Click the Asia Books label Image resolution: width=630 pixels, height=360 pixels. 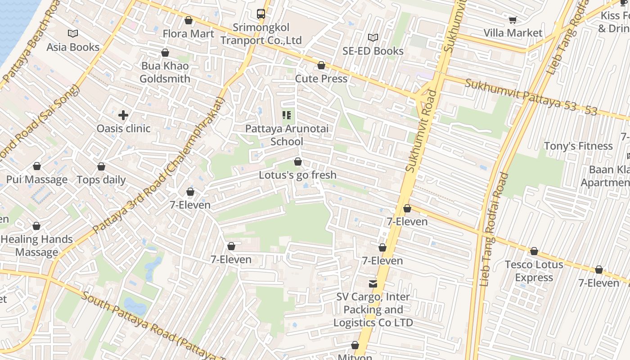[x=73, y=47]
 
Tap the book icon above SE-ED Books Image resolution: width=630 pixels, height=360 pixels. [x=373, y=37]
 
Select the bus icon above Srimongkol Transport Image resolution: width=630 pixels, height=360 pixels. [x=261, y=14]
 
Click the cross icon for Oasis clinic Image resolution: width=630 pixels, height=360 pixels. [x=123, y=115]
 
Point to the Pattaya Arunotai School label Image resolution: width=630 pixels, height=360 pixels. [x=287, y=135]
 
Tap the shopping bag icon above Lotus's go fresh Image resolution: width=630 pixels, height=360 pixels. [x=297, y=162]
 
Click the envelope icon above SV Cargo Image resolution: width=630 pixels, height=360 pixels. [x=373, y=283]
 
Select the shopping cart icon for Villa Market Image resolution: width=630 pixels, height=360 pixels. [x=513, y=20]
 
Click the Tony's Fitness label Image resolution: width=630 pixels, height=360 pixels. [x=578, y=146]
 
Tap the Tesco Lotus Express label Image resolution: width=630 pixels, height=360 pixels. [x=534, y=271]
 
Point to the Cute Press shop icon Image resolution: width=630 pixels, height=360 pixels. [x=321, y=66]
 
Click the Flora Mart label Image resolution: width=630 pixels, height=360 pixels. [x=188, y=34]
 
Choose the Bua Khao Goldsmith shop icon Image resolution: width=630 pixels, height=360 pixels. [x=165, y=53]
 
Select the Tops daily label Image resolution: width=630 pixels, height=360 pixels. [x=101, y=180]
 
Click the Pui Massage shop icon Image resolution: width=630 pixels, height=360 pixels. [x=37, y=166]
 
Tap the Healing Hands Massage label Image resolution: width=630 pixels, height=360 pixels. [x=37, y=246]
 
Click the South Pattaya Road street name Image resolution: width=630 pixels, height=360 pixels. [x=153, y=326]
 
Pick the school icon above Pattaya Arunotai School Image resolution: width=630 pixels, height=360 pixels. [x=287, y=115]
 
